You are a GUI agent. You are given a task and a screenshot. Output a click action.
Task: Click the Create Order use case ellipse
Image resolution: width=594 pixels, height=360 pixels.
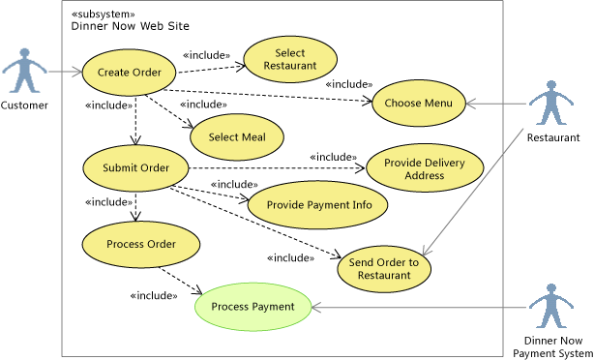point(129,73)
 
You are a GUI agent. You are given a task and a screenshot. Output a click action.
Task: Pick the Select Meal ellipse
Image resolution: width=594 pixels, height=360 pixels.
point(236,136)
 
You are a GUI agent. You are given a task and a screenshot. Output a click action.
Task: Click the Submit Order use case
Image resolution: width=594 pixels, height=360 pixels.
point(135,167)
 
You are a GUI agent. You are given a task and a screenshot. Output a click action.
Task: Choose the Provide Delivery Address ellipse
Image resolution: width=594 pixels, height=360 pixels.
point(424,168)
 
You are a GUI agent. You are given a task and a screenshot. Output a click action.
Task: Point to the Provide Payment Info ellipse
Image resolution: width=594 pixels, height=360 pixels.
point(318,204)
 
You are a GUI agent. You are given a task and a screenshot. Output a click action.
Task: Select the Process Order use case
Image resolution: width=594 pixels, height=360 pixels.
point(141,244)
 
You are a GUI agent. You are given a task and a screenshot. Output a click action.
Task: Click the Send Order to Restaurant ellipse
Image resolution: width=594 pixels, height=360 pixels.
point(384,268)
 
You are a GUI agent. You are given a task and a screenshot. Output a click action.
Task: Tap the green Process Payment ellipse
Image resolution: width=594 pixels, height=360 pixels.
point(252,307)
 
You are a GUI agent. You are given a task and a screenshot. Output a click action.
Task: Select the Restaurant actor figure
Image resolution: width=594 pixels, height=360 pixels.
point(552,103)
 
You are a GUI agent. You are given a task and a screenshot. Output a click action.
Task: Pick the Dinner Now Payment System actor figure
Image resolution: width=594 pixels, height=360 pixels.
point(552,307)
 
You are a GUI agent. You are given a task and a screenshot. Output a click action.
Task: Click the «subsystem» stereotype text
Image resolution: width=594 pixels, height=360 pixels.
point(103,13)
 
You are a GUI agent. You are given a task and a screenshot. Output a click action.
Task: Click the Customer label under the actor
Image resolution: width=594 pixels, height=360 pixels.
point(24,105)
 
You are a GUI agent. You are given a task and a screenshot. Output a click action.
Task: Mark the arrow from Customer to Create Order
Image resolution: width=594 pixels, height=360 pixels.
point(66,72)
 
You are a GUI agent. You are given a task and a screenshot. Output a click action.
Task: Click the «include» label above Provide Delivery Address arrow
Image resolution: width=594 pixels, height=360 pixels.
point(332,156)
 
